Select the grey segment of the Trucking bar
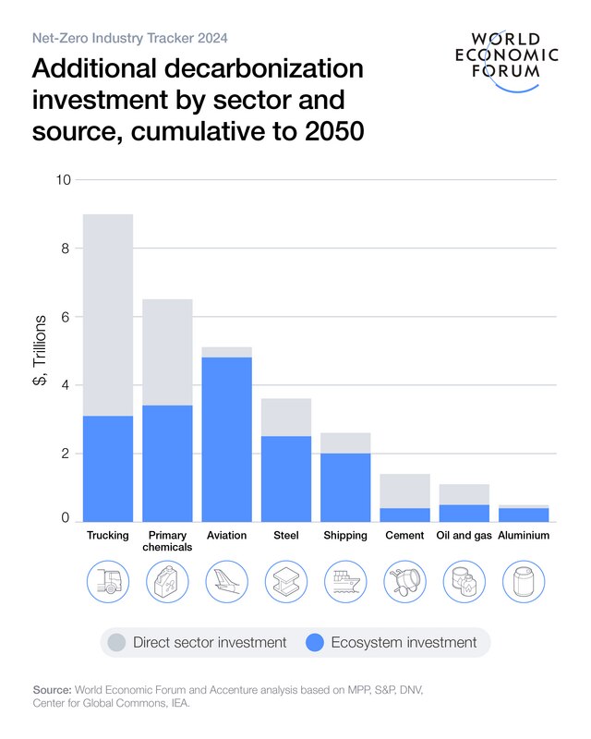pos(108,314)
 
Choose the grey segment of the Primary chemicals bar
pos(167,352)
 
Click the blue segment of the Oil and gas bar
pos(464,513)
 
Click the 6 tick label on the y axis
pos(66,317)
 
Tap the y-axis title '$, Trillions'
pos(40,350)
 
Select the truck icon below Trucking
pos(108,582)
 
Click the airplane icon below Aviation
pos(227,582)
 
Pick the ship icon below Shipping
pos(345,582)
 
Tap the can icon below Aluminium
pos(524,582)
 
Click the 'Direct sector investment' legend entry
pos(209,642)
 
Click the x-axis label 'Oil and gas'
pos(464,535)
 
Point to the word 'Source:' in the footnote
pos(53,690)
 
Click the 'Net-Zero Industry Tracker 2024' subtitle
pos(130,39)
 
